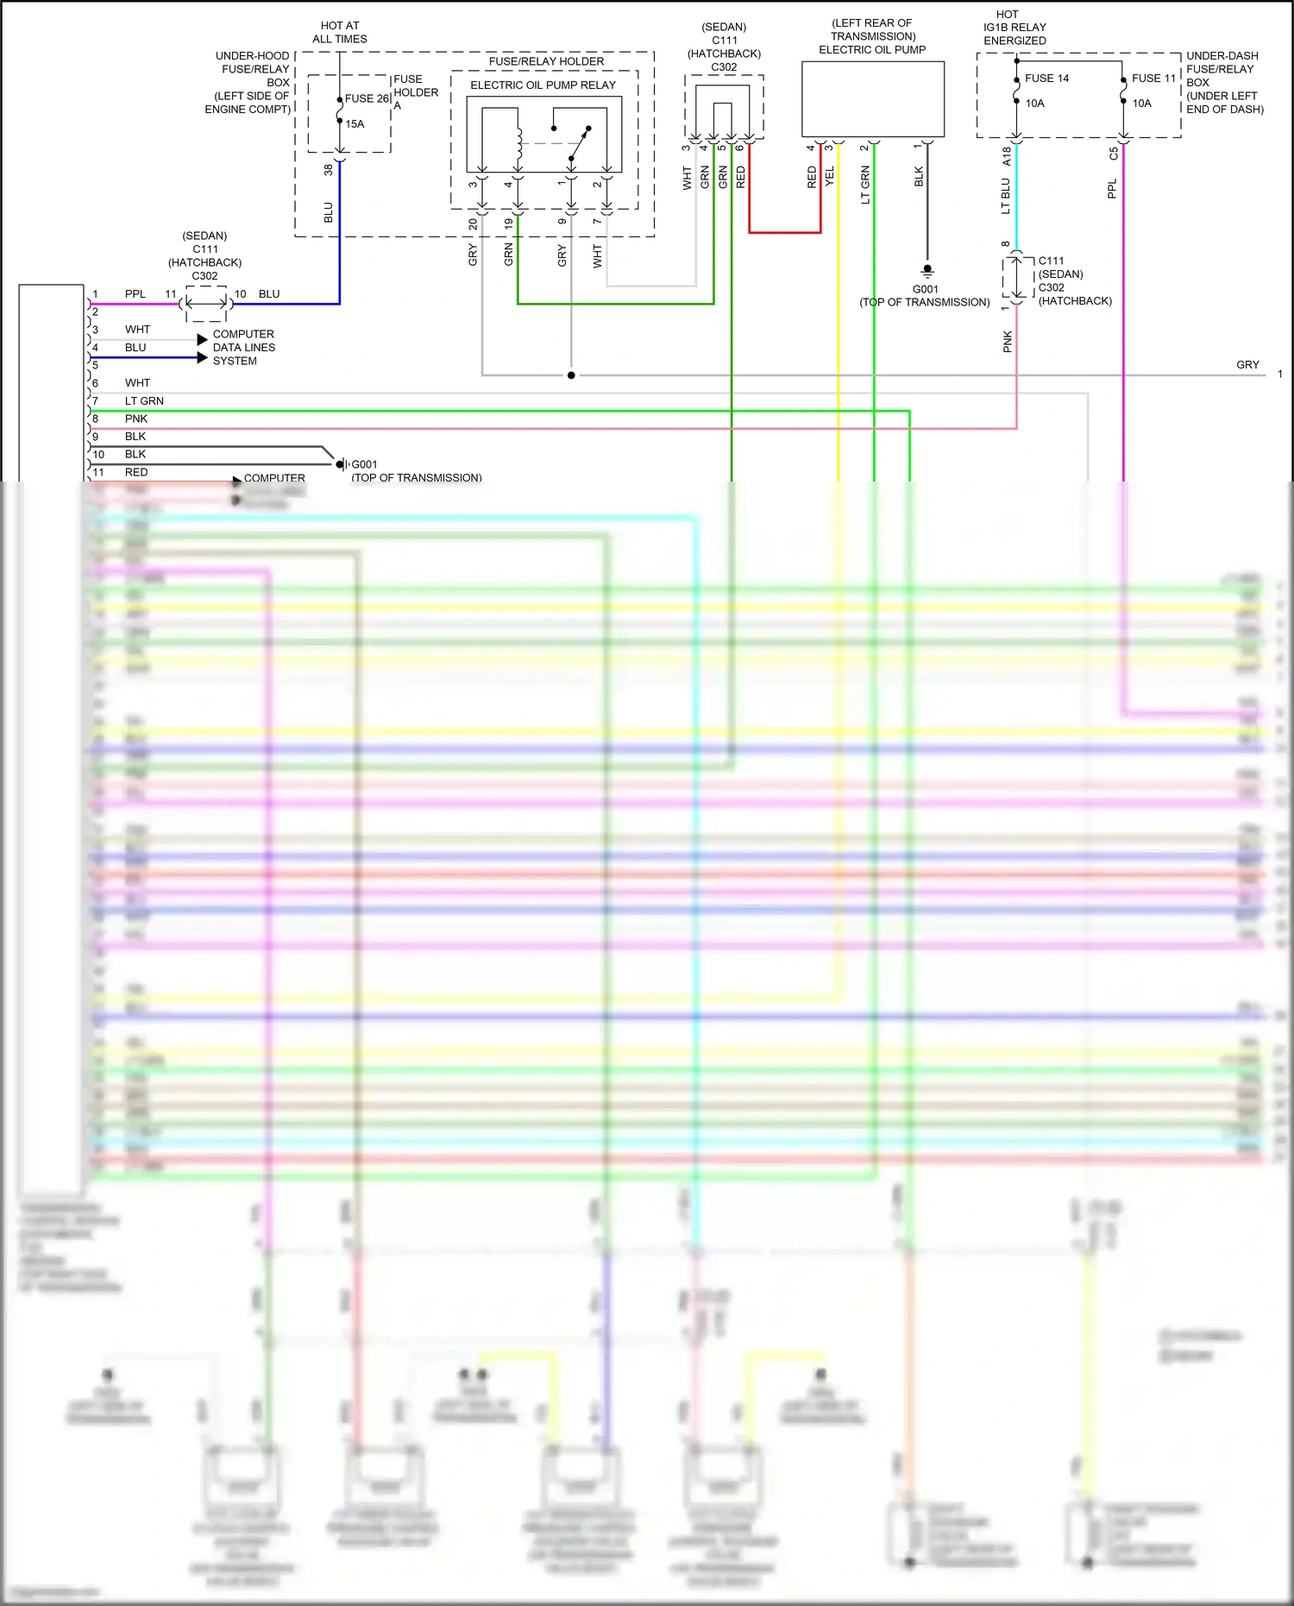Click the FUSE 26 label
click(367, 98)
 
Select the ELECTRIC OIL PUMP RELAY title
click(543, 85)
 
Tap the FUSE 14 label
click(1046, 78)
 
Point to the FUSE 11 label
click(1153, 78)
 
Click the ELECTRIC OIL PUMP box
click(873, 98)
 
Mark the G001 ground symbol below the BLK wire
click(927, 270)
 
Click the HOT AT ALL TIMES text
click(340, 32)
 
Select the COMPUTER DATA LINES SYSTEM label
click(243, 347)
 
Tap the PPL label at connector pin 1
click(135, 294)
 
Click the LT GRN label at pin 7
click(144, 401)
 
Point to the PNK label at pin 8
click(136, 419)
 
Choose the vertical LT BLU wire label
click(1005, 196)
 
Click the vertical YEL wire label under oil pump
click(830, 177)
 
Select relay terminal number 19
click(509, 223)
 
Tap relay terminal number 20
click(473, 224)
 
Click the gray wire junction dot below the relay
click(571, 375)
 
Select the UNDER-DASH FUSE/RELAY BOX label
click(1223, 82)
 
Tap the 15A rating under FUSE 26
click(355, 124)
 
